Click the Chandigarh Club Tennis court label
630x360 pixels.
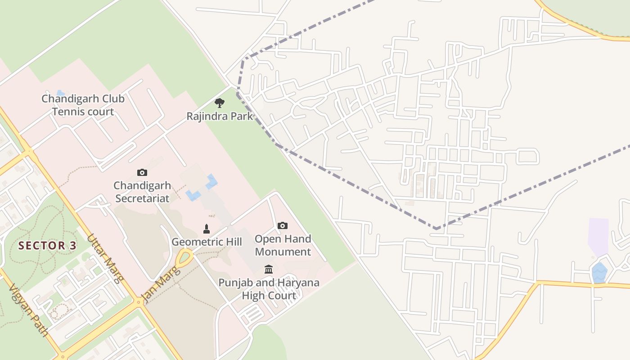click(83, 105)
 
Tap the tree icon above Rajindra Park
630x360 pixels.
click(220, 103)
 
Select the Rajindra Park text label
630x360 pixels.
click(220, 117)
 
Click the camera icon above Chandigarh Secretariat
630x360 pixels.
click(142, 172)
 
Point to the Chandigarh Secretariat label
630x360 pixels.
click(142, 192)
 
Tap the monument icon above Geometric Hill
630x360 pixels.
click(207, 229)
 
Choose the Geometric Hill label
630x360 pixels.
click(207, 242)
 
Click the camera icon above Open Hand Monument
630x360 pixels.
click(283, 225)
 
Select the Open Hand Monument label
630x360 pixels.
click(283, 245)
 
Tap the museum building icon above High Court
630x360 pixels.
click(269, 270)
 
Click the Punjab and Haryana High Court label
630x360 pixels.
click(269, 289)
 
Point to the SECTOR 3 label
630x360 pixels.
click(48, 246)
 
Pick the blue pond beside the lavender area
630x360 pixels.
click(599, 273)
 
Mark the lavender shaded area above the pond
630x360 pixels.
click(598, 236)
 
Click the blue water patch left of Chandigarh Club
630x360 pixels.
click(59, 93)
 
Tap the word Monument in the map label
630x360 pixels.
click(283, 252)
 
